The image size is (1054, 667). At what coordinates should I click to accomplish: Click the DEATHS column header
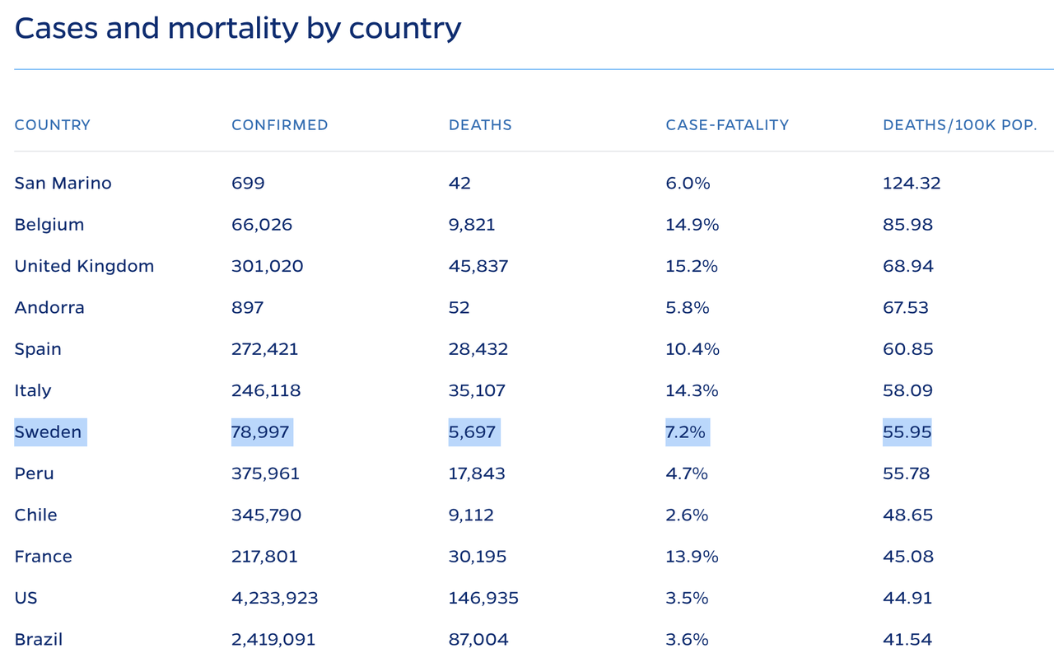(480, 125)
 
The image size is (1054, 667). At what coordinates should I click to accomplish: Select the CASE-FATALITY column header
(727, 125)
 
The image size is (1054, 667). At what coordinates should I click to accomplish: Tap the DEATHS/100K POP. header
(959, 125)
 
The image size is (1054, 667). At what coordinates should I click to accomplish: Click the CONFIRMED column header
(280, 125)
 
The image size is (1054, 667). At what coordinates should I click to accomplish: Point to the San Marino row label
(63, 183)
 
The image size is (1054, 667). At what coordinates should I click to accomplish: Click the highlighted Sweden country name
(49, 432)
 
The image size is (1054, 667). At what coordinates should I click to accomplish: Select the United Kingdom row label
(84, 266)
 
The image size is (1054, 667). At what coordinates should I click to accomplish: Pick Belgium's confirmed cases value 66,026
(262, 225)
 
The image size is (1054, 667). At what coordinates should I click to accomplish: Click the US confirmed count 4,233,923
(275, 598)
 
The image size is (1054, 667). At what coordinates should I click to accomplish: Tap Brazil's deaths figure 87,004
(478, 639)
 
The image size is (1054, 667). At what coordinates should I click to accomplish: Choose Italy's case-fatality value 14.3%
(692, 390)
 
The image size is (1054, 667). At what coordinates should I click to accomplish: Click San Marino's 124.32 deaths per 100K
(912, 183)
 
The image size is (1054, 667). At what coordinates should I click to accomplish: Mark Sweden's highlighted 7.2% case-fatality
(686, 432)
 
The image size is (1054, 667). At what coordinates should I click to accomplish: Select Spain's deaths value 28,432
(478, 349)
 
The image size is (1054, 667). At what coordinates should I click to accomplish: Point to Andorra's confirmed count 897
(248, 308)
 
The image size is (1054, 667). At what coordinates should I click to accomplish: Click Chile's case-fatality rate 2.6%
(687, 515)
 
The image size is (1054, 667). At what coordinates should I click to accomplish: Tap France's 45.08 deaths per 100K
(908, 557)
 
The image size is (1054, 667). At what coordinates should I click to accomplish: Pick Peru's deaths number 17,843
(477, 473)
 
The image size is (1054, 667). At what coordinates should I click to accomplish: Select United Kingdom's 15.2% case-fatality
(692, 266)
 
